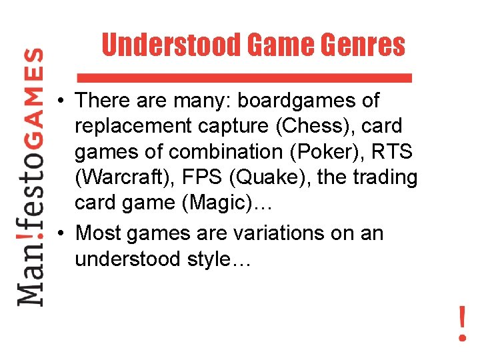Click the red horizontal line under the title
coord(245,77)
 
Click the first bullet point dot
coord(60,101)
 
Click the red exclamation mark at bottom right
coord(461,323)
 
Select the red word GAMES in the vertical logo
coord(31,90)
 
